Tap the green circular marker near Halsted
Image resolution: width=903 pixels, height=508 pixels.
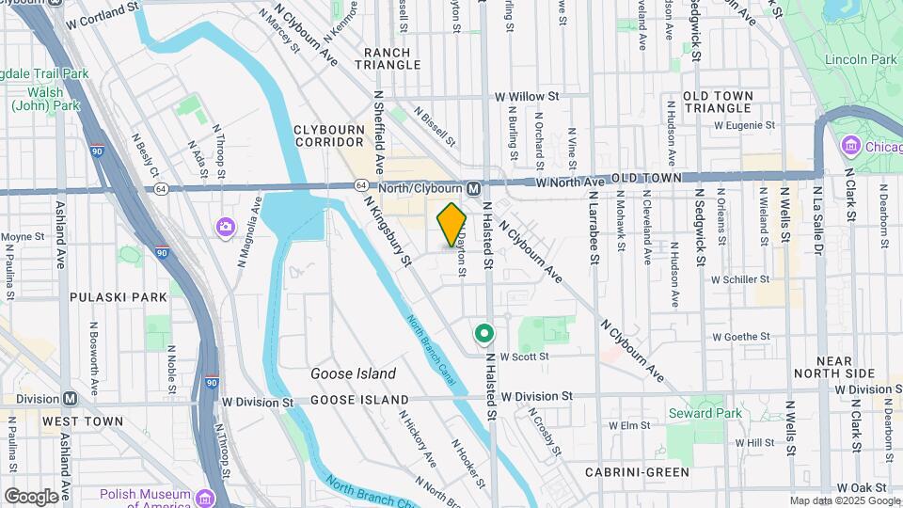tap(484, 333)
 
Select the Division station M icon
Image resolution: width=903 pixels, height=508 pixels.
tap(71, 399)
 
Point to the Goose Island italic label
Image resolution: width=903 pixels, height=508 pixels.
tap(353, 373)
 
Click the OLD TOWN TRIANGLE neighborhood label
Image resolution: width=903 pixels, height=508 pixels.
tap(718, 102)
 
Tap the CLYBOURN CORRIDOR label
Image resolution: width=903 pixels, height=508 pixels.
tap(328, 135)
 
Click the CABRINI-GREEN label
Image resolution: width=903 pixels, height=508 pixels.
tap(637, 472)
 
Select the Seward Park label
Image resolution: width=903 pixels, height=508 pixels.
tap(705, 413)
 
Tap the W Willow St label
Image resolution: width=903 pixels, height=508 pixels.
tap(527, 96)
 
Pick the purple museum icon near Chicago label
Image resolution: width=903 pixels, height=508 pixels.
tap(851, 146)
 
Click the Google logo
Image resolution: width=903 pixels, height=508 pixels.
tap(31, 496)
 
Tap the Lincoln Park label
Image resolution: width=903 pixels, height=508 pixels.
tap(861, 59)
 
